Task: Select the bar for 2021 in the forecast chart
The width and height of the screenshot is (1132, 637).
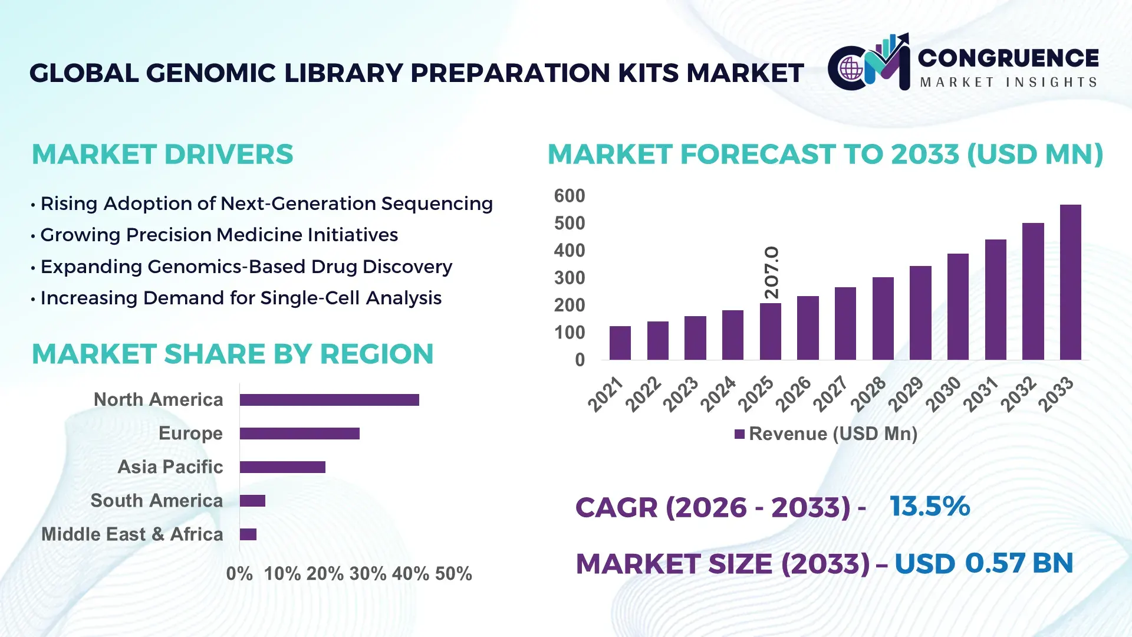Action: (620, 343)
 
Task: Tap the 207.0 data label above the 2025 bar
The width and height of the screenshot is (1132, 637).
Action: (771, 272)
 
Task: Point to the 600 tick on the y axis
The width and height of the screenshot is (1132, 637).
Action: (569, 196)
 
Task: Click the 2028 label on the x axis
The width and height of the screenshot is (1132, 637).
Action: (868, 393)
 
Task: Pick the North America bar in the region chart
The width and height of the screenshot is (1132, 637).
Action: (329, 400)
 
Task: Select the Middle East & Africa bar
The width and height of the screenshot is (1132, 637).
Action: (248, 534)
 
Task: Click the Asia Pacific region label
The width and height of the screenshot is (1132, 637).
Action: (170, 467)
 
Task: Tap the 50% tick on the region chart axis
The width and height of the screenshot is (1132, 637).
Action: (453, 574)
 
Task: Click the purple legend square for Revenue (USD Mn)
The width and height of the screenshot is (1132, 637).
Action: (739, 435)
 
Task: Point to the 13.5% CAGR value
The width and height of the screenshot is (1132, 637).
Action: (929, 507)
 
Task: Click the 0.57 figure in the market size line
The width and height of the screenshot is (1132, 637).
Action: (995, 563)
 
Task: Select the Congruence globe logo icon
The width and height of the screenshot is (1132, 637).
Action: (851, 68)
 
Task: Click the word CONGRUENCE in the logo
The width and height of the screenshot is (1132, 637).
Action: (1008, 58)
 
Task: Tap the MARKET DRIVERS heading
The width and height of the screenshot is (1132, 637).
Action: (162, 155)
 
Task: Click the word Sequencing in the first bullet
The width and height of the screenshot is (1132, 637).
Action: (436, 204)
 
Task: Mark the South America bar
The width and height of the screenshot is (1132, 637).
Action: (252, 501)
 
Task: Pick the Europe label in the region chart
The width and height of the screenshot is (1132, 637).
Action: (190, 434)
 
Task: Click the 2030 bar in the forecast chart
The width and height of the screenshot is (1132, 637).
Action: (957, 307)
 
